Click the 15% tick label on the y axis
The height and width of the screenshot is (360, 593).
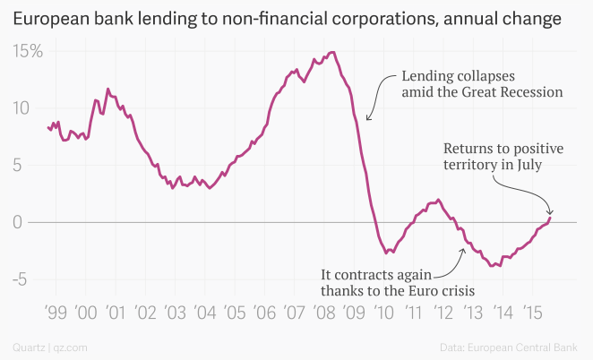click(x=27, y=51)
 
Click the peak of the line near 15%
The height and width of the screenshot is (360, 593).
click(x=332, y=52)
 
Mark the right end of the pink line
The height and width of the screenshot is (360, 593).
click(x=550, y=218)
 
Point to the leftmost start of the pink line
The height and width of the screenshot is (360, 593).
click(x=47, y=127)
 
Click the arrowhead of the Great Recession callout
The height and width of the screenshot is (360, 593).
click(x=367, y=120)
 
